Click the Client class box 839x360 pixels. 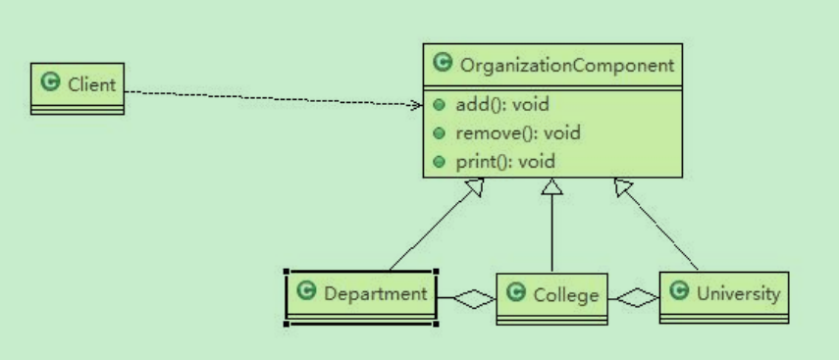click(78, 88)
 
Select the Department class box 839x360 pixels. click(360, 295)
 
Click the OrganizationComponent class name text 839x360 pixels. click(564, 66)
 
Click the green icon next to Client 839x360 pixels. click(49, 84)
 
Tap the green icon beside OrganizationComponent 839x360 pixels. click(441, 66)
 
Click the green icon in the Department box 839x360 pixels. click(306, 291)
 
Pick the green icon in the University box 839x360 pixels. click(679, 292)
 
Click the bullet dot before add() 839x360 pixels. click(440, 105)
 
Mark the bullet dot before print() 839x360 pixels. click(440, 161)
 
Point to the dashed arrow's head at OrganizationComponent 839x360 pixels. click(416, 103)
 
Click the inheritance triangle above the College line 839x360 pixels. click(552, 187)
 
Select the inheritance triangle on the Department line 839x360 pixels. click(477, 188)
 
